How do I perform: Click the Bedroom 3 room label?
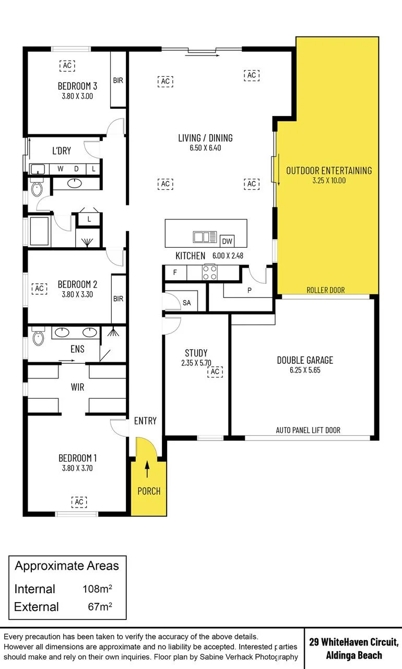coord(77,86)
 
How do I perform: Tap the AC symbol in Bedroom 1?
coord(79,502)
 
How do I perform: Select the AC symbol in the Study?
coord(215,372)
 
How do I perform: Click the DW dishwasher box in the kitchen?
coord(227,241)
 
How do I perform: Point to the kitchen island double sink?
coord(205,237)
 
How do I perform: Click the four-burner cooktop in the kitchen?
coord(210,272)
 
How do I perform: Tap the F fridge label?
coord(175,272)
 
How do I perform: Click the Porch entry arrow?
coord(147,469)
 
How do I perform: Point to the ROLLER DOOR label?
coord(326,290)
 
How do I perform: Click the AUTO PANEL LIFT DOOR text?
coord(308,430)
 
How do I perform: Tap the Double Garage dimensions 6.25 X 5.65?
coord(305,370)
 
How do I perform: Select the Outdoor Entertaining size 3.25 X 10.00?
coord(329,180)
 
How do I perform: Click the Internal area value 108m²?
coord(97,589)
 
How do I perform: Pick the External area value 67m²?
coord(100,607)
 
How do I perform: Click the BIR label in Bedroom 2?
coord(118,298)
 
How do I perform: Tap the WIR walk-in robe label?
coord(78,387)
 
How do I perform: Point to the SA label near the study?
coord(187,303)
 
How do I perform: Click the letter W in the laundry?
coord(61,169)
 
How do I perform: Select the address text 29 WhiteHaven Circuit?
coord(354,641)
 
